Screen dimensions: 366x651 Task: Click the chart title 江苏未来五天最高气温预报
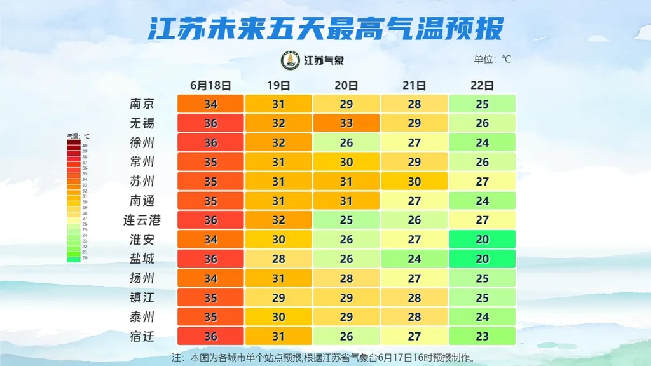(x=325, y=29)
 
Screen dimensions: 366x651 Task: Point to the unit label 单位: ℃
(x=492, y=60)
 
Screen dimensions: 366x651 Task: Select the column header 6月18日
(x=210, y=85)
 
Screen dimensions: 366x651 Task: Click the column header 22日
(x=482, y=85)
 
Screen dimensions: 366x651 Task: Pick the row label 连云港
(x=142, y=220)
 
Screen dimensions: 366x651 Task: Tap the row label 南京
(x=142, y=104)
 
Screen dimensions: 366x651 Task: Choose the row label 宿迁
(x=142, y=336)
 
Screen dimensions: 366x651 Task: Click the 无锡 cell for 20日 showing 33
(x=346, y=123)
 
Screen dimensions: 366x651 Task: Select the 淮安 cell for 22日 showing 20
(x=482, y=240)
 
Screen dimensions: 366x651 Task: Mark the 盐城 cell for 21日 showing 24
(x=415, y=259)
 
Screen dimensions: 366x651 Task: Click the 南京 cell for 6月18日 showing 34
(x=210, y=104)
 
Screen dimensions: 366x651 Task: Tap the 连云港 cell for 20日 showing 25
(x=346, y=220)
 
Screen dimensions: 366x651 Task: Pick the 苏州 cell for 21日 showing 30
(x=415, y=181)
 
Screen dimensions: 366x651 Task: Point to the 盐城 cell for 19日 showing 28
(x=278, y=259)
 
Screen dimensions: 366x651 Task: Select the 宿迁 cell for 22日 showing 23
(x=482, y=336)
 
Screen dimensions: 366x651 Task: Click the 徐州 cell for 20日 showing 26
(x=346, y=142)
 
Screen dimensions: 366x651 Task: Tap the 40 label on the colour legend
(x=85, y=146)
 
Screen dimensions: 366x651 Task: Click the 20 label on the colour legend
(x=85, y=259)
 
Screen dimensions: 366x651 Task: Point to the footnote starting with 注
(x=324, y=357)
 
